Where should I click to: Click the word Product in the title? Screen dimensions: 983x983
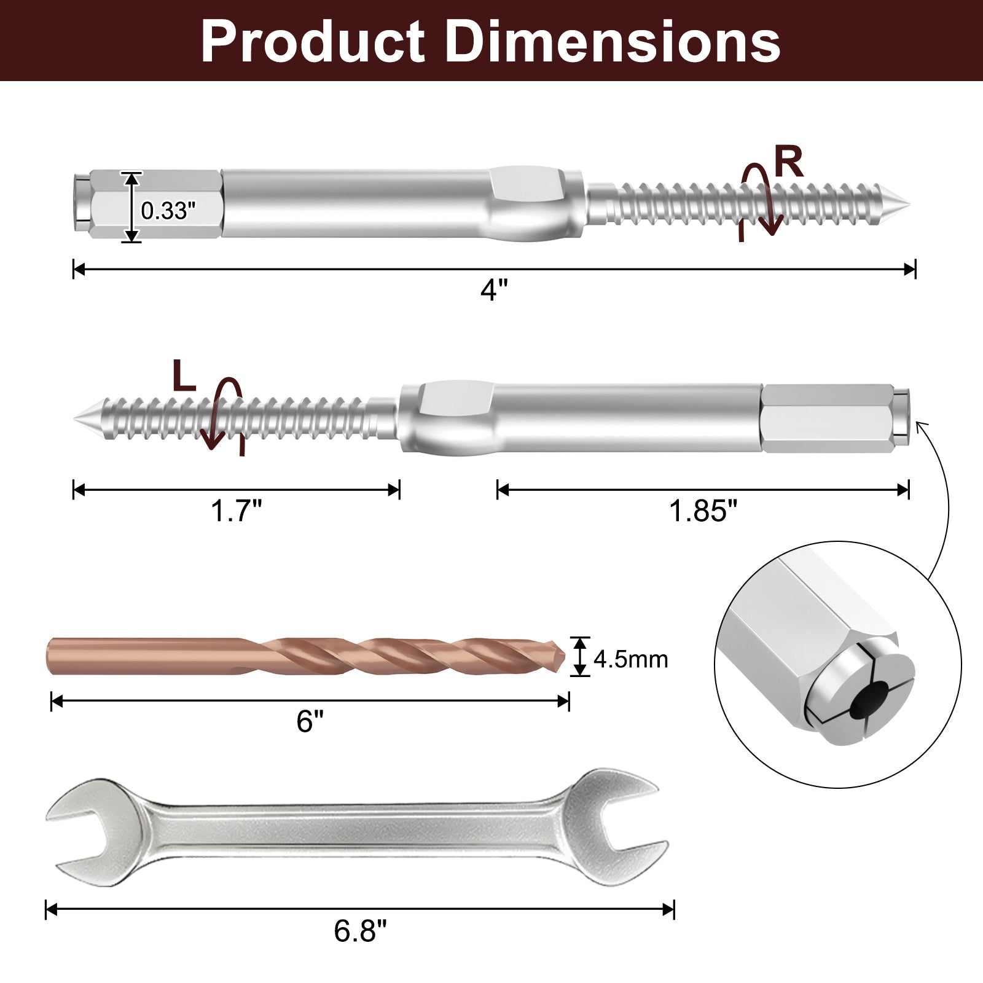(312, 41)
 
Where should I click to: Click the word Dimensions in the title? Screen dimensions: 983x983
(611, 41)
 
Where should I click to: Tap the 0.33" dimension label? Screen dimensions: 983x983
(168, 211)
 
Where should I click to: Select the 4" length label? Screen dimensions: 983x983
(494, 290)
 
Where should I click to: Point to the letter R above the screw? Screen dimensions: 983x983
(788, 162)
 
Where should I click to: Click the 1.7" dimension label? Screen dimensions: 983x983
(237, 511)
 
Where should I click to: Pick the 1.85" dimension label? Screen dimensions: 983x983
(703, 511)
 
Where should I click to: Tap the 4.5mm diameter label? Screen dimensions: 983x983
(630, 659)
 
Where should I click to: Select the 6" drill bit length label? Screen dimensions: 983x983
(310, 721)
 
